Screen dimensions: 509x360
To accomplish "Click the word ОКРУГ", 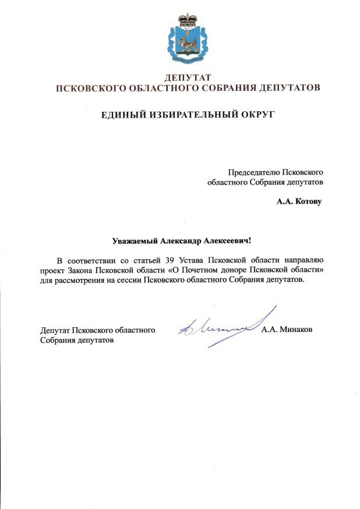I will click(256, 115).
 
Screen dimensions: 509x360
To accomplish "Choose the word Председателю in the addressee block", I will click(253, 172).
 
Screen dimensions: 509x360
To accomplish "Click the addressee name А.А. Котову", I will click(298, 202).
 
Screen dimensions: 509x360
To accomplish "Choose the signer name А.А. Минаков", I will click(287, 330).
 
